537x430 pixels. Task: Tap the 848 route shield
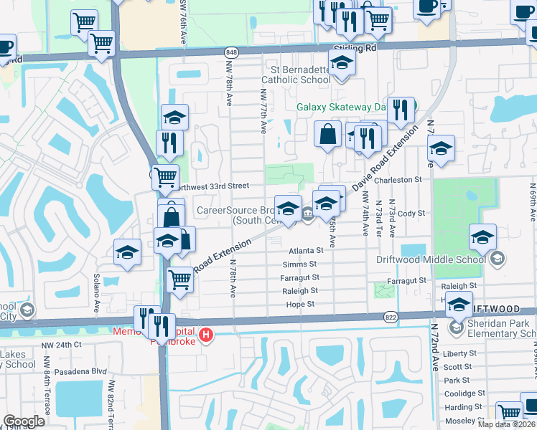click(x=231, y=52)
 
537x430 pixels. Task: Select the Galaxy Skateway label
click(x=343, y=108)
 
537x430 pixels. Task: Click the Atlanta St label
click(x=306, y=251)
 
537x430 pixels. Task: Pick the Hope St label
click(x=300, y=305)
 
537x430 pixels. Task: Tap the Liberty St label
click(x=459, y=354)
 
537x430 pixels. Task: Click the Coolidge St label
click(x=464, y=393)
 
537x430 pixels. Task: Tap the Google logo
click(x=24, y=421)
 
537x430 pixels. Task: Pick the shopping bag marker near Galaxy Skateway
click(x=327, y=135)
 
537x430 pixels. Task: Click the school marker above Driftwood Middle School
click(x=482, y=236)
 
